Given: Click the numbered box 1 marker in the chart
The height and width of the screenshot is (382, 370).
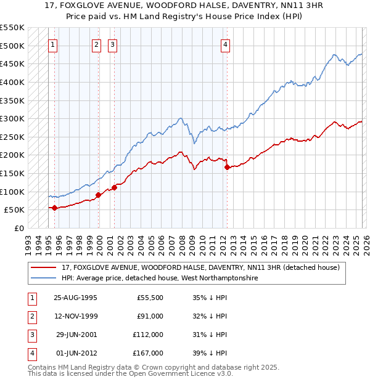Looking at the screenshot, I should [54, 44].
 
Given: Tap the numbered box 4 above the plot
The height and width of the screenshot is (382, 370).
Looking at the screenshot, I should [226, 44].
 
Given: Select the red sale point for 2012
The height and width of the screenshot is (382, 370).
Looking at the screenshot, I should [227, 167].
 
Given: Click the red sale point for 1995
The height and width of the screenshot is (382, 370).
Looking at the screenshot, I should [54, 208].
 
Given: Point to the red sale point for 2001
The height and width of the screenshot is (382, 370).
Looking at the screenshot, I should [114, 187].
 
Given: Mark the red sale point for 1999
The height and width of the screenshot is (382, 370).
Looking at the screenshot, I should [98, 195].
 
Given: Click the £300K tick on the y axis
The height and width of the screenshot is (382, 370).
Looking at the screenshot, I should [12, 118].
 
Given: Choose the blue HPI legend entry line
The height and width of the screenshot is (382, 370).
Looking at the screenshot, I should [44, 278].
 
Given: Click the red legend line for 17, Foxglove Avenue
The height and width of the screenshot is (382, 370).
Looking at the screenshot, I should [44, 268].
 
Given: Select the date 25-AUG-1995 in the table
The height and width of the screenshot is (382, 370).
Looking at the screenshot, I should [76, 298].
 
